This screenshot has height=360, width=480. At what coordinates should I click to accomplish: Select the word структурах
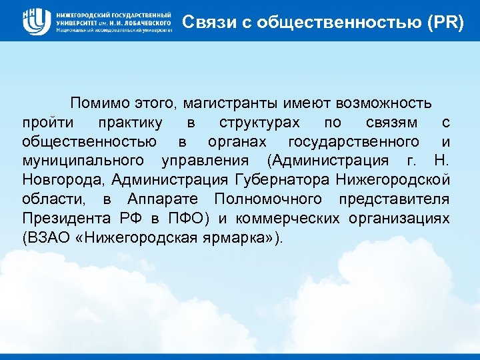point(259,123)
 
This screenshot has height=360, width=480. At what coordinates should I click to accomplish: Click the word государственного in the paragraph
point(354,142)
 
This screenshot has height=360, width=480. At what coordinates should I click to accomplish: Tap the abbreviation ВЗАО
point(49,239)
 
